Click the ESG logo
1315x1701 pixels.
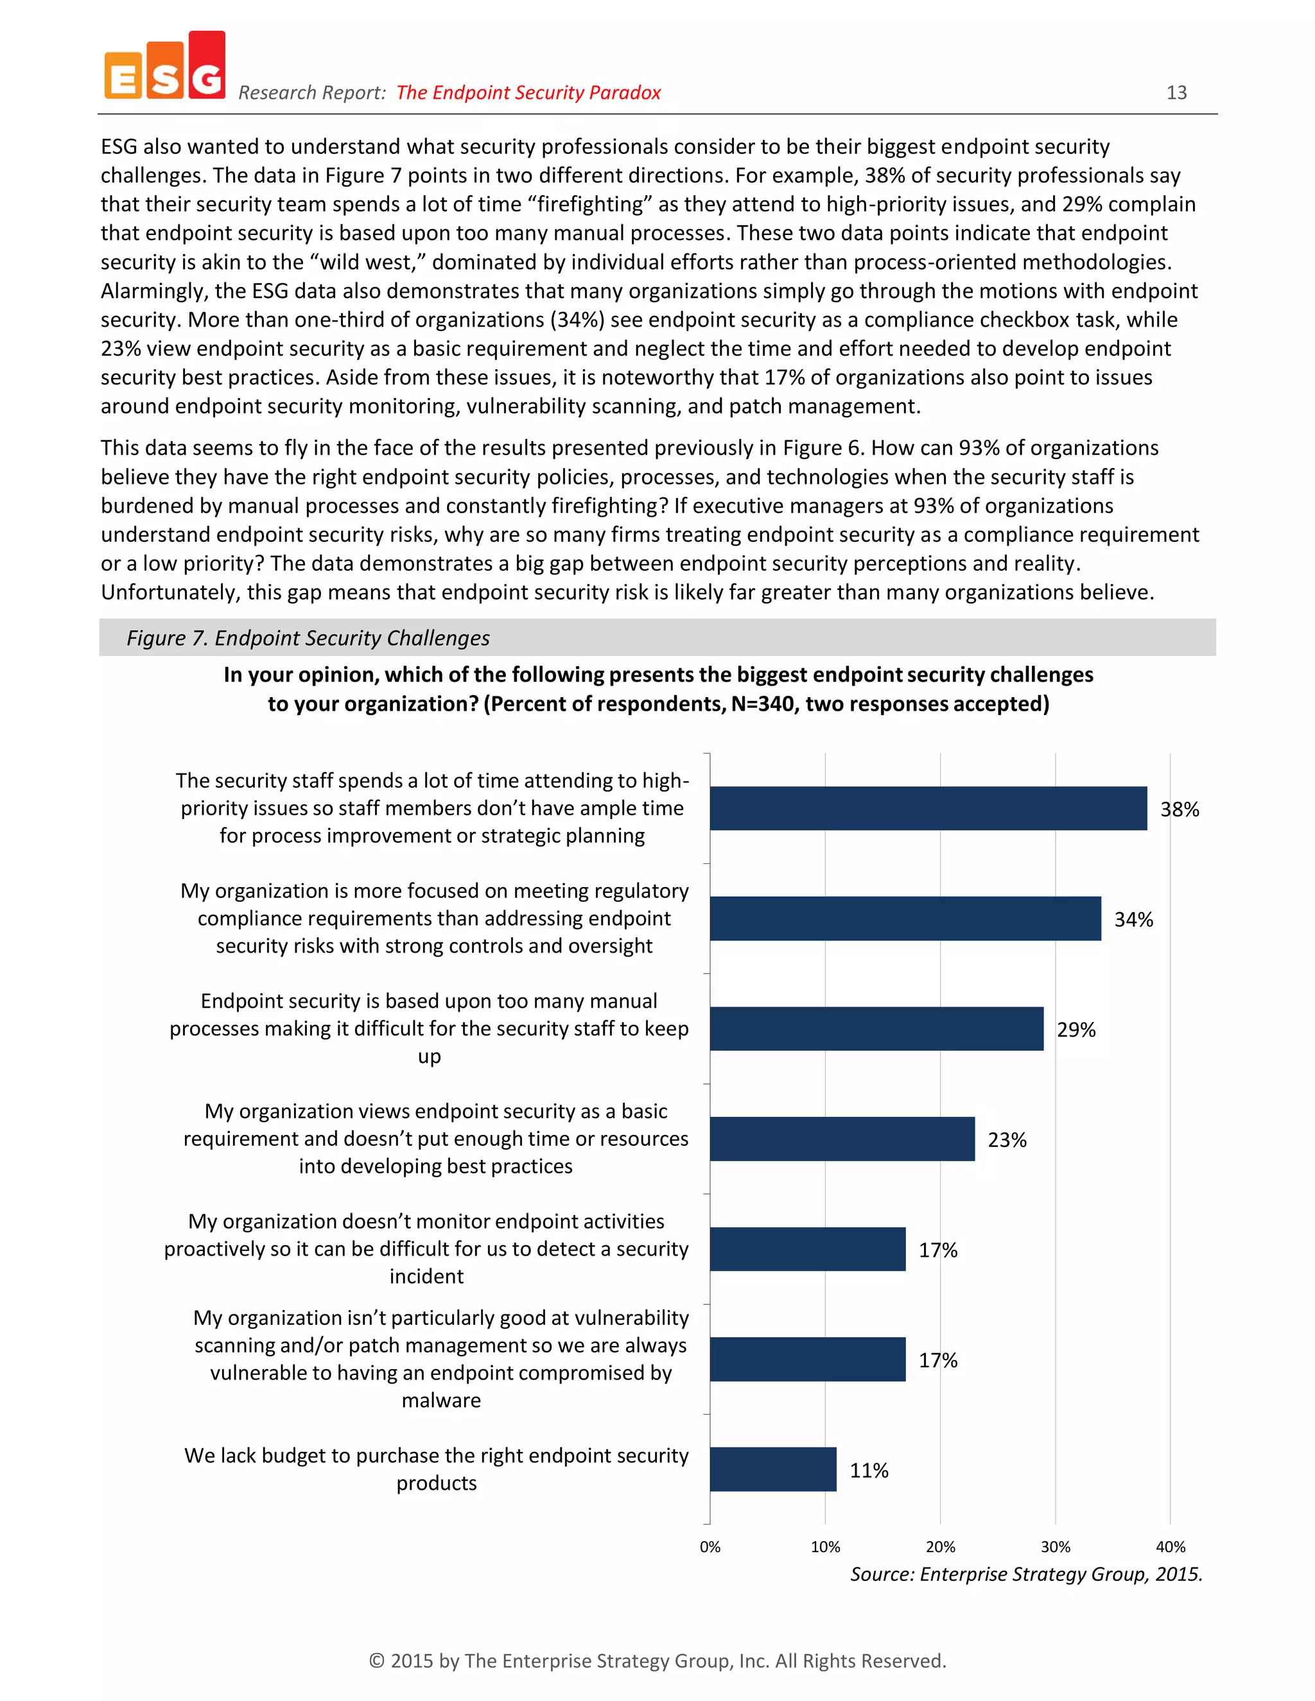coord(164,67)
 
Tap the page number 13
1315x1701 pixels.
coord(1176,92)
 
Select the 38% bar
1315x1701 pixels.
coord(927,808)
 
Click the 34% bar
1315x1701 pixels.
coord(905,919)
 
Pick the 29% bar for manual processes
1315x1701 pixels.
coord(876,1029)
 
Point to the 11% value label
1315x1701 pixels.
coord(868,1471)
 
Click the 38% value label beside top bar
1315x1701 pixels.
coord(1179,809)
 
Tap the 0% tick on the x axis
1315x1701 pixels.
coord(710,1547)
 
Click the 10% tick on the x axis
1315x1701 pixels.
coord(825,1547)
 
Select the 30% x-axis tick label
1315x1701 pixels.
coord(1055,1547)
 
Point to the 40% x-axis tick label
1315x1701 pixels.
coord(1169,1547)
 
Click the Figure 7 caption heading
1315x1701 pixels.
coord(308,638)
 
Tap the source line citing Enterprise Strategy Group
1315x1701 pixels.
coord(1025,1574)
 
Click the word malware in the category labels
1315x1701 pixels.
coord(441,1401)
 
